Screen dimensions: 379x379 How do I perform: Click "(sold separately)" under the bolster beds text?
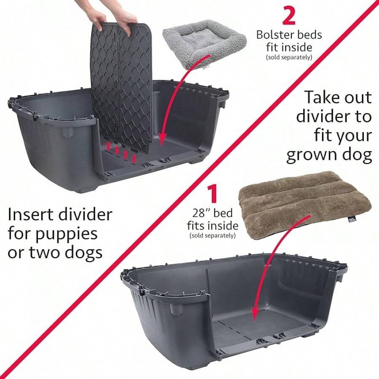(x=289, y=57)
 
